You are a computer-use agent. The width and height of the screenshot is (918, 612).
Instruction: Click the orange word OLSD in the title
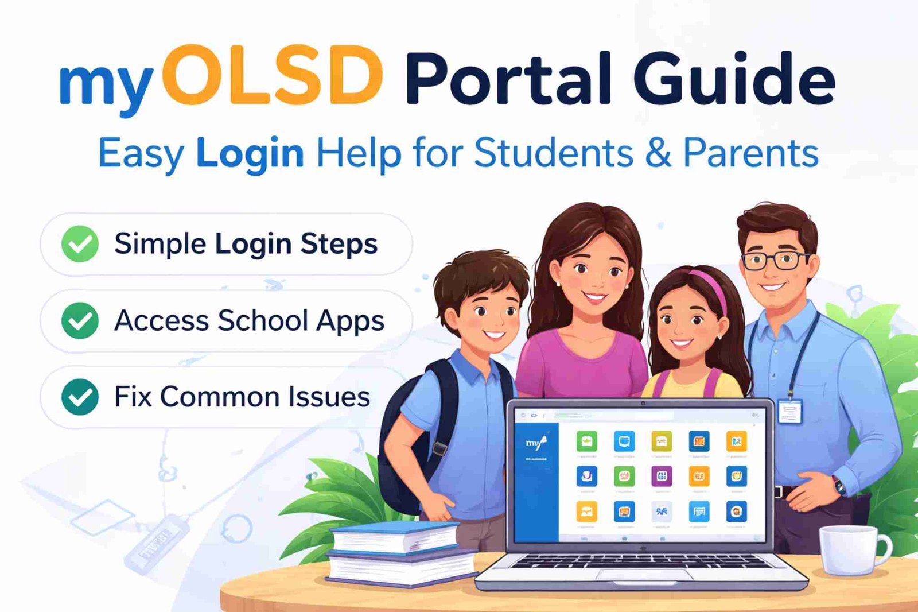click(273, 78)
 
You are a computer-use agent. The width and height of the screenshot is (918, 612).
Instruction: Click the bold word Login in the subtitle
click(250, 154)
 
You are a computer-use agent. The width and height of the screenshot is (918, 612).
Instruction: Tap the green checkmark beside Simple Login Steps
click(80, 244)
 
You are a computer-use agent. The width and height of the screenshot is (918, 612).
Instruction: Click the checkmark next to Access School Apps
click(80, 320)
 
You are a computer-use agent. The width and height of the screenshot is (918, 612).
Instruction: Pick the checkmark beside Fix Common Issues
click(80, 397)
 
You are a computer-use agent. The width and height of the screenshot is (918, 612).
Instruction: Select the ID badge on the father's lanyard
click(789, 412)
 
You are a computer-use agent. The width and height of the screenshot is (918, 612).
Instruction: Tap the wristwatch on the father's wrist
click(839, 486)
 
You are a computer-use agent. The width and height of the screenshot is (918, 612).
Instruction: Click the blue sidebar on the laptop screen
click(536, 482)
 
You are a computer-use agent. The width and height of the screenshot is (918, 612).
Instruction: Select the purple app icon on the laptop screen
click(662, 476)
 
